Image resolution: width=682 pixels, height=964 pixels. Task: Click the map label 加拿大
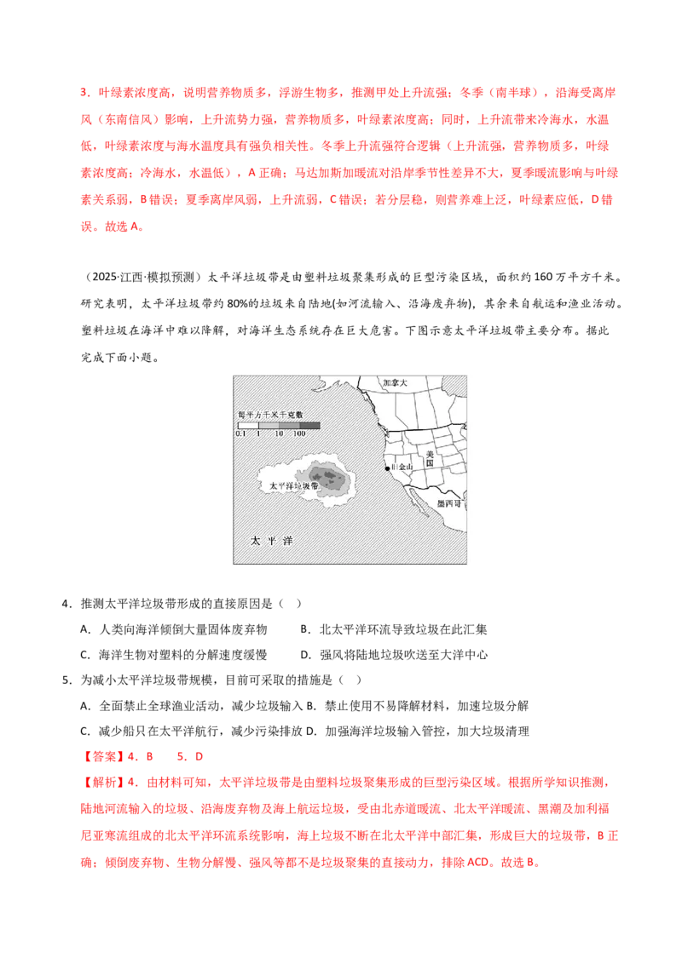click(x=395, y=383)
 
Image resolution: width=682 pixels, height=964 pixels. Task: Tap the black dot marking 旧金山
click(x=387, y=468)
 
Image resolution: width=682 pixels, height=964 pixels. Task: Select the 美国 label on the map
click(x=430, y=458)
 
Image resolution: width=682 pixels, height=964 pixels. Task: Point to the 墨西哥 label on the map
click(x=448, y=503)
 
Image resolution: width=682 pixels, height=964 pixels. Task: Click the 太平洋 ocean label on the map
click(x=271, y=541)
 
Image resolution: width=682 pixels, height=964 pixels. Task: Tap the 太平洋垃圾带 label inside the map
click(x=294, y=485)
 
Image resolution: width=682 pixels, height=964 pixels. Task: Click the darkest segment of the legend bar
click(x=309, y=426)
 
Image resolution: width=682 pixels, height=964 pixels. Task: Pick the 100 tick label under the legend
click(x=299, y=433)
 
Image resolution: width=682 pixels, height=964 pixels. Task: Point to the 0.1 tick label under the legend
click(x=240, y=433)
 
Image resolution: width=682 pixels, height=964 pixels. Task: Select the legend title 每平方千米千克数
click(x=270, y=415)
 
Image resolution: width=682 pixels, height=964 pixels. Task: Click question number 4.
click(x=66, y=604)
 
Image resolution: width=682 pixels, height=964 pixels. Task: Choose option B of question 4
click(x=393, y=629)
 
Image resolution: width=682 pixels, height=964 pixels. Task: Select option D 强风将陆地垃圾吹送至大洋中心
click(x=394, y=655)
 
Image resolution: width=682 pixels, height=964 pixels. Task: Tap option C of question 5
click(x=192, y=731)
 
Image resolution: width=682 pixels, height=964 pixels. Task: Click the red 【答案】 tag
click(x=102, y=757)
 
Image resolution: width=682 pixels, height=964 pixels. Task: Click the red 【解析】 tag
click(x=102, y=783)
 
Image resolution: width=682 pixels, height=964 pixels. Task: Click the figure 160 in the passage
click(x=544, y=278)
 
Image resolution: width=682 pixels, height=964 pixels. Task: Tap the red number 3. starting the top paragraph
click(x=85, y=93)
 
